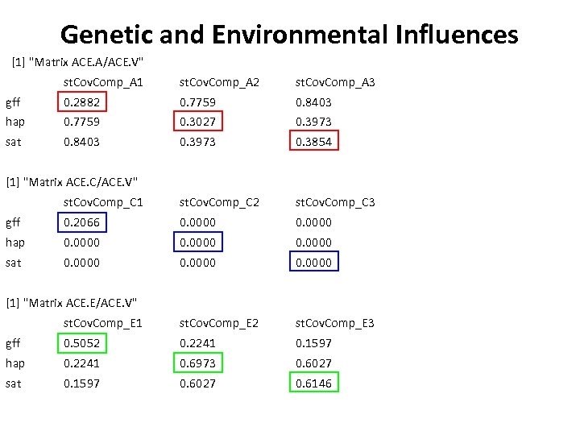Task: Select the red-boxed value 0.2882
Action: (81, 102)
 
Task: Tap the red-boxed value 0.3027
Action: (197, 122)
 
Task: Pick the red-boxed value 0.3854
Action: (313, 142)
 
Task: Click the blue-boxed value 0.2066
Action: (81, 222)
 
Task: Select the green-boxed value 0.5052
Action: (81, 343)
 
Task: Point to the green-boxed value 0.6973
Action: (197, 363)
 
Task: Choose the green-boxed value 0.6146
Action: (313, 383)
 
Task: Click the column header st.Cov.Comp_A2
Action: (219, 82)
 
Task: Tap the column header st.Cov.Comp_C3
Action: (335, 202)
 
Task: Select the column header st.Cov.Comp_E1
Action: (103, 323)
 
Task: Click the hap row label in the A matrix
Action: (15, 122)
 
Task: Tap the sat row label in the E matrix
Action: (14, 383)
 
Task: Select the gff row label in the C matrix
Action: (14, 222)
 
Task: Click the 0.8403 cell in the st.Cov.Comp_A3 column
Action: (313, 102)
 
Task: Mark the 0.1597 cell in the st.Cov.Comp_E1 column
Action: (81, 383)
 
